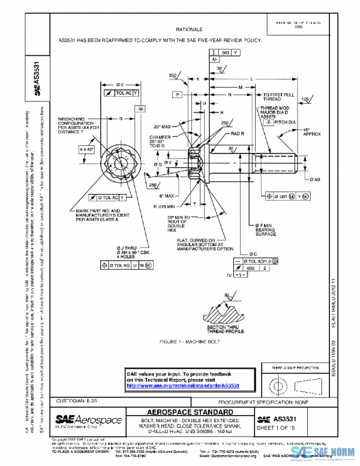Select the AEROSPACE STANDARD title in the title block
coord(191,412)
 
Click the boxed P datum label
coord(178,95)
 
